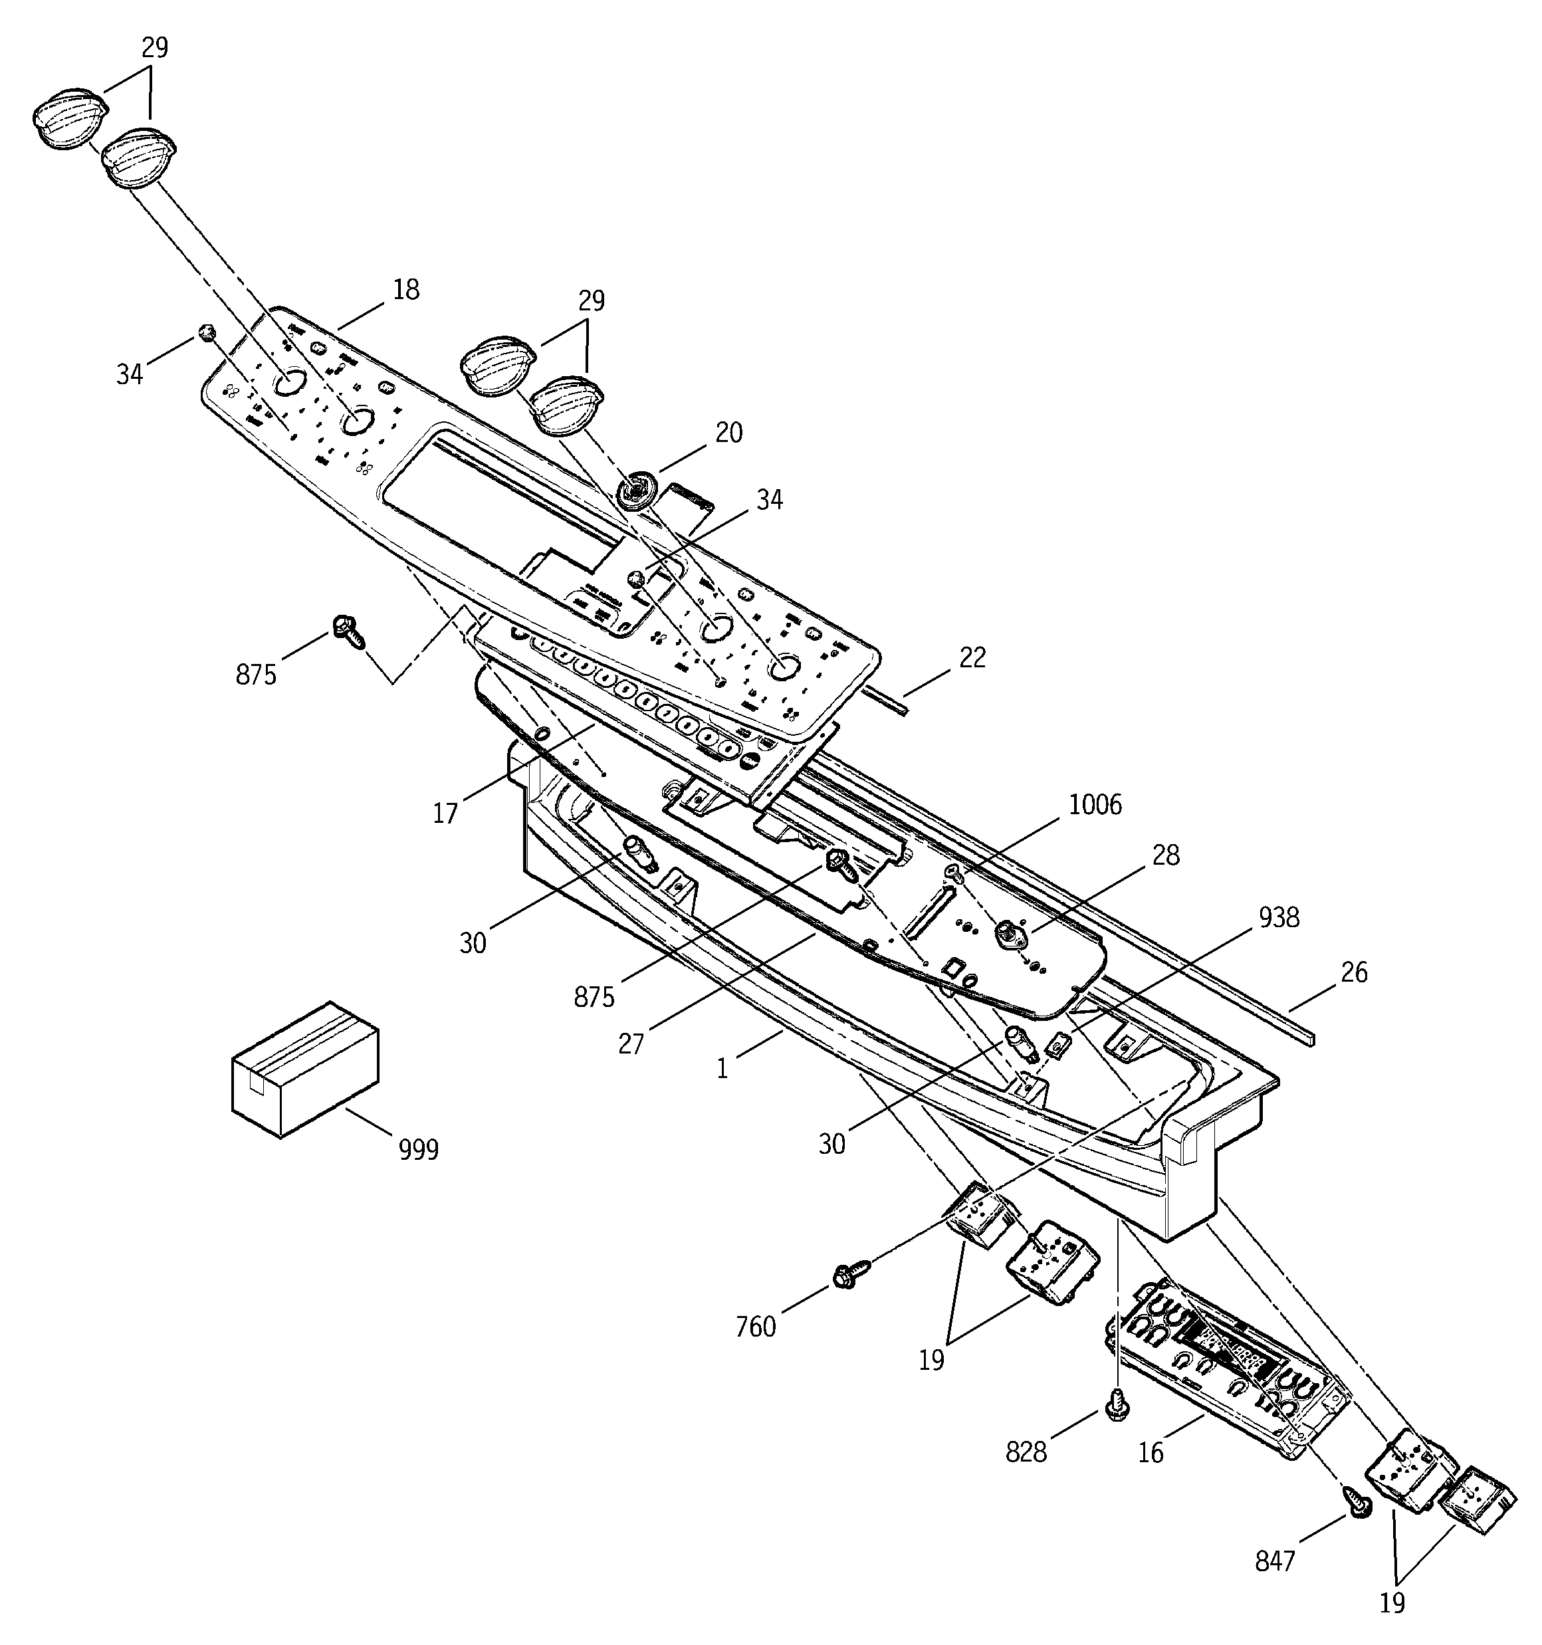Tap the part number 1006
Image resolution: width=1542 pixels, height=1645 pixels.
[x=1095, y=804]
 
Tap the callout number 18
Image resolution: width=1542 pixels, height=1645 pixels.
[x=405, y=290]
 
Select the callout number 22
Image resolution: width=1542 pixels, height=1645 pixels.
[x=972, y=658]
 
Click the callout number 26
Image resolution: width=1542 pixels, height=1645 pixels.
[x=1353, y=972]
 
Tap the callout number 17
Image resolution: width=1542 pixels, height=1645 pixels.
[x=445, y=814]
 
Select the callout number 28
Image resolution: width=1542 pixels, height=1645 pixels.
[x=1165, y=855]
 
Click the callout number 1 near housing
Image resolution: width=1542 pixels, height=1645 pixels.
[x=722, y=1070]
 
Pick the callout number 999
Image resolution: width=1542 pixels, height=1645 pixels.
[x=419, y=1149]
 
